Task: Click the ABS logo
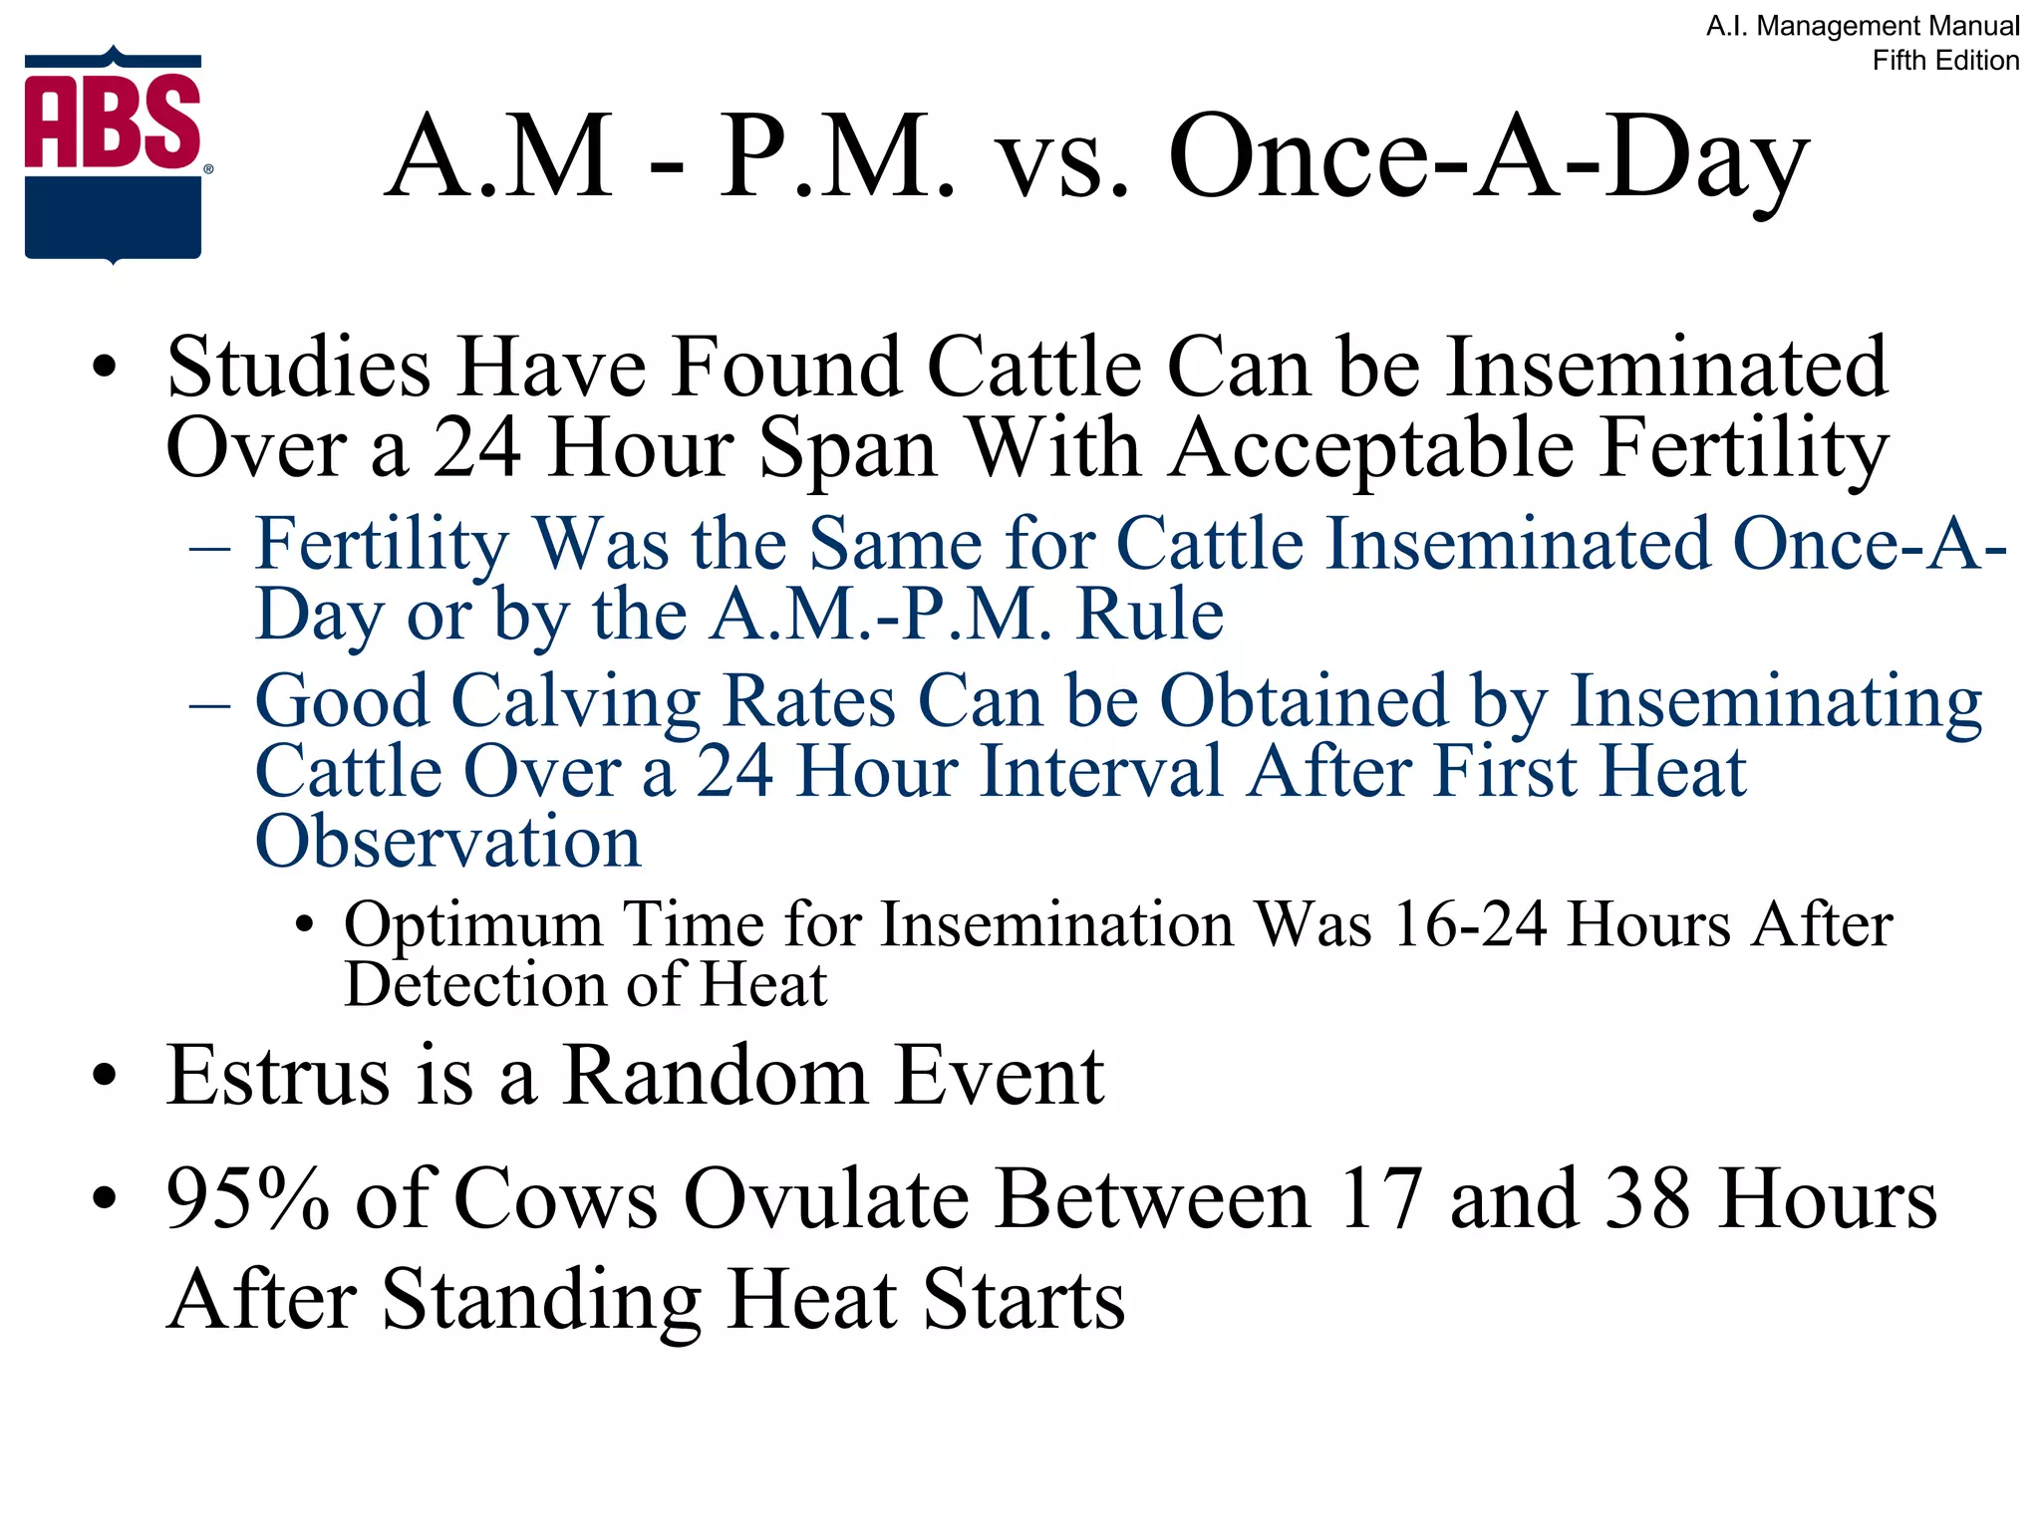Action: click(114, 154)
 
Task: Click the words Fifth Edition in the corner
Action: click(1944, 61)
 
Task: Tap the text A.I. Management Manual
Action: click(1862, 26)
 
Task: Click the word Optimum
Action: click(472, 925)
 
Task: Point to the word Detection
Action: click(473, 985)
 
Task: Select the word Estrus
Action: click(278, 1077)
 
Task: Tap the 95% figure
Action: click(246, 1200)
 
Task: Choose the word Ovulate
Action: click(825, 1200)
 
